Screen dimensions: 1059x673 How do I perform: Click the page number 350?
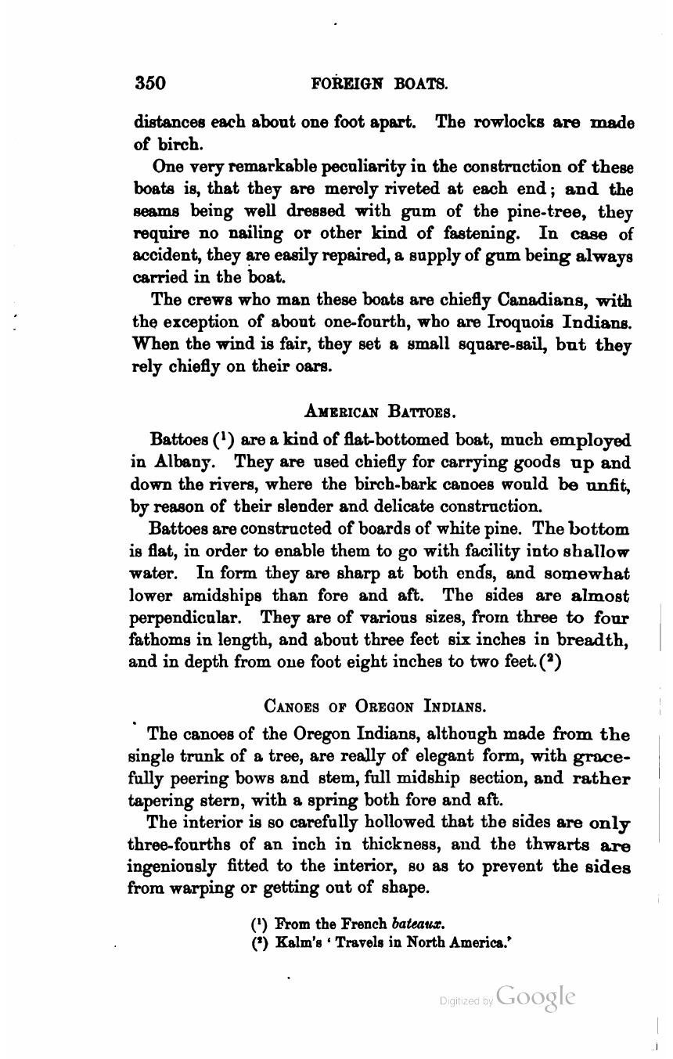[x=150, y=83]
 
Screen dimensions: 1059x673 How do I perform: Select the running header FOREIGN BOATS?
[x=379, y=83]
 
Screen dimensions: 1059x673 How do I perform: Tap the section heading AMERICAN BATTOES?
[x=379, y=411]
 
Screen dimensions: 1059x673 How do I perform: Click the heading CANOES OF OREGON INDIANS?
[x=376, y=706]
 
